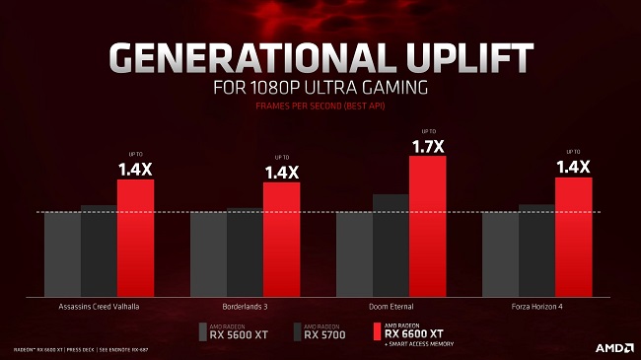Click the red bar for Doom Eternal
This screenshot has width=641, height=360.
pyautogui.click(x=427, y=225)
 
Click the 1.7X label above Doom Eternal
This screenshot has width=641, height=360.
pyautogui.click(x=427, y=147)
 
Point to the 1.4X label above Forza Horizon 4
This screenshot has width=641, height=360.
pyautogui.click(x=573, y=168)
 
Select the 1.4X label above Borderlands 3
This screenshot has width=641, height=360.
pyautogui.click(x=281, y=173)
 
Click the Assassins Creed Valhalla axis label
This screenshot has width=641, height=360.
pyautogui.click(x=99, y=306)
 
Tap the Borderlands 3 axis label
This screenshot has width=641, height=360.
pyautogui.click(x=245, y=306)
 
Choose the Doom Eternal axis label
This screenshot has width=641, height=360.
pyautogui.click(x=391, y=306)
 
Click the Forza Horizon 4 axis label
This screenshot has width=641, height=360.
pyautogui.click(x=536, y=306)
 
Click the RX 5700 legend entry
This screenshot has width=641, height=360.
pyautogui.click(x=320, y=331)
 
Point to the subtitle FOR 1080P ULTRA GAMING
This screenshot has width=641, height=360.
pyautogui.click(x=320, y=87)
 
